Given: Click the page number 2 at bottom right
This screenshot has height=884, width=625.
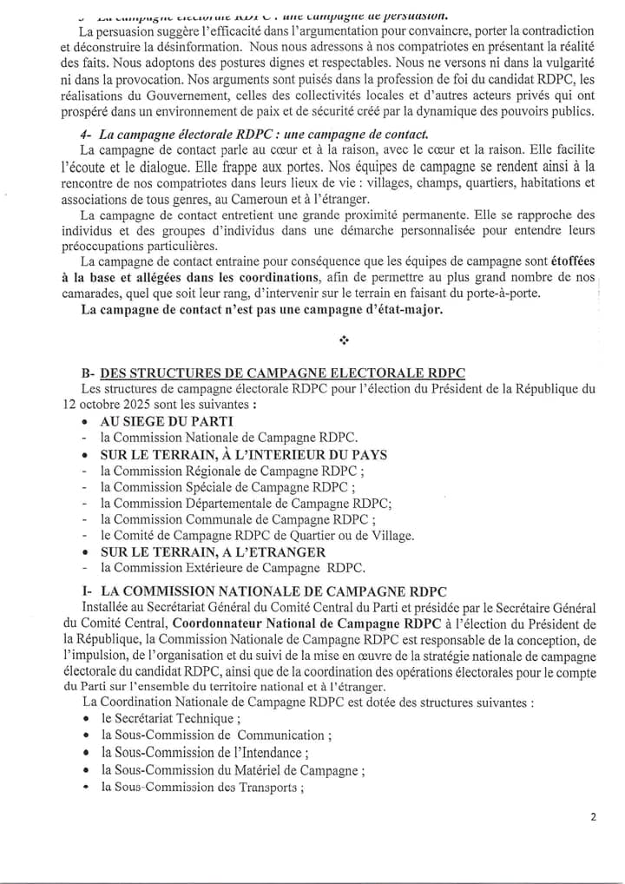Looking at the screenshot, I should [594, 816].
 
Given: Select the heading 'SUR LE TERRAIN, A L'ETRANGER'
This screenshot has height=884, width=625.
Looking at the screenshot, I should [213, 551].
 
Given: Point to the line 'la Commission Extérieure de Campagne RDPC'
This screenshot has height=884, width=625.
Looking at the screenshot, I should [232, 568].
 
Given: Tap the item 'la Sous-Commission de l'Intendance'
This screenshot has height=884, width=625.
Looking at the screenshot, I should [204, 753].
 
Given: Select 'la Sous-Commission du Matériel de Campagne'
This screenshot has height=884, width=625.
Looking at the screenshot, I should [232, 770].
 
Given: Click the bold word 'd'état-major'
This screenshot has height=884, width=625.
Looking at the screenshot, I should [398, 310].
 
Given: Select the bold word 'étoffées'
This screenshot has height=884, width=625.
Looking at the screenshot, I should [568, 261].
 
